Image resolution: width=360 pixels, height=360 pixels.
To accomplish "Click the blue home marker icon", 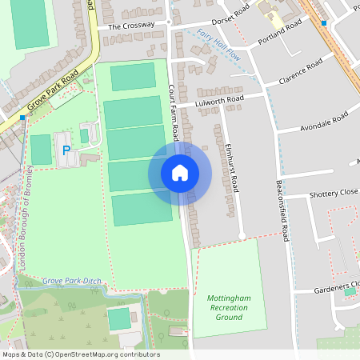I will pos(180,173).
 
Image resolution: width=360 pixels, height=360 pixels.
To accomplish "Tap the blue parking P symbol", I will pos(66,150).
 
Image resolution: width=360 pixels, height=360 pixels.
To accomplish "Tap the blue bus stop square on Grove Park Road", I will pos(22,118).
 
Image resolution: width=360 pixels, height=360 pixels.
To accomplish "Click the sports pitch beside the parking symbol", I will pos(41,150).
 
